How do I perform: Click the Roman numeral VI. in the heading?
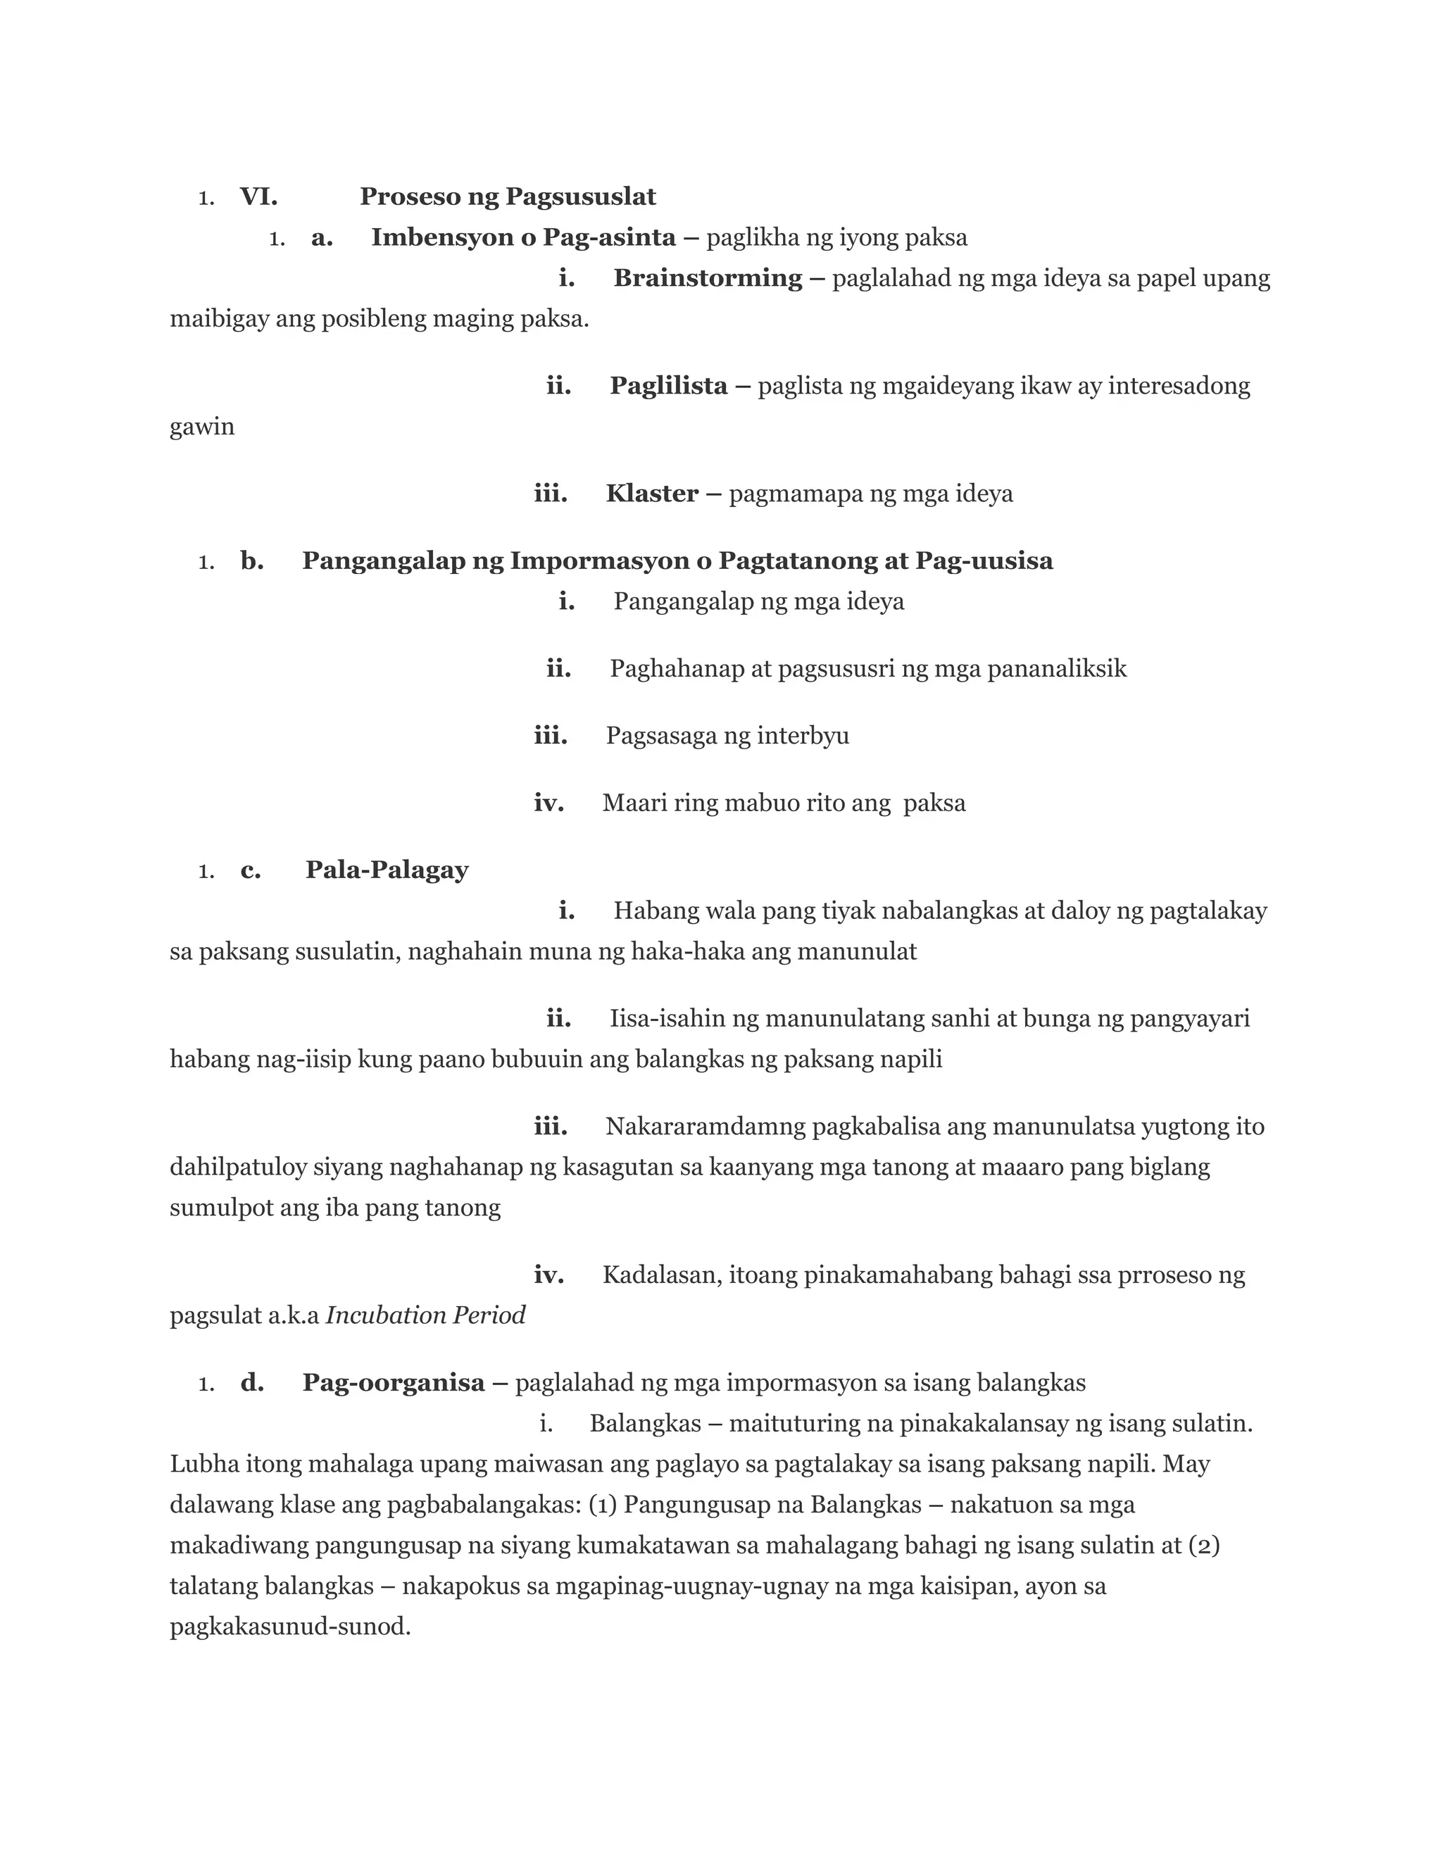(x=258, y=196)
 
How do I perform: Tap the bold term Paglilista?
(x=668, y=385)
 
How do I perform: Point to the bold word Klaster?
(x=652, y=493)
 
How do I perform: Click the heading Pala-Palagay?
(x=387, y=870)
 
